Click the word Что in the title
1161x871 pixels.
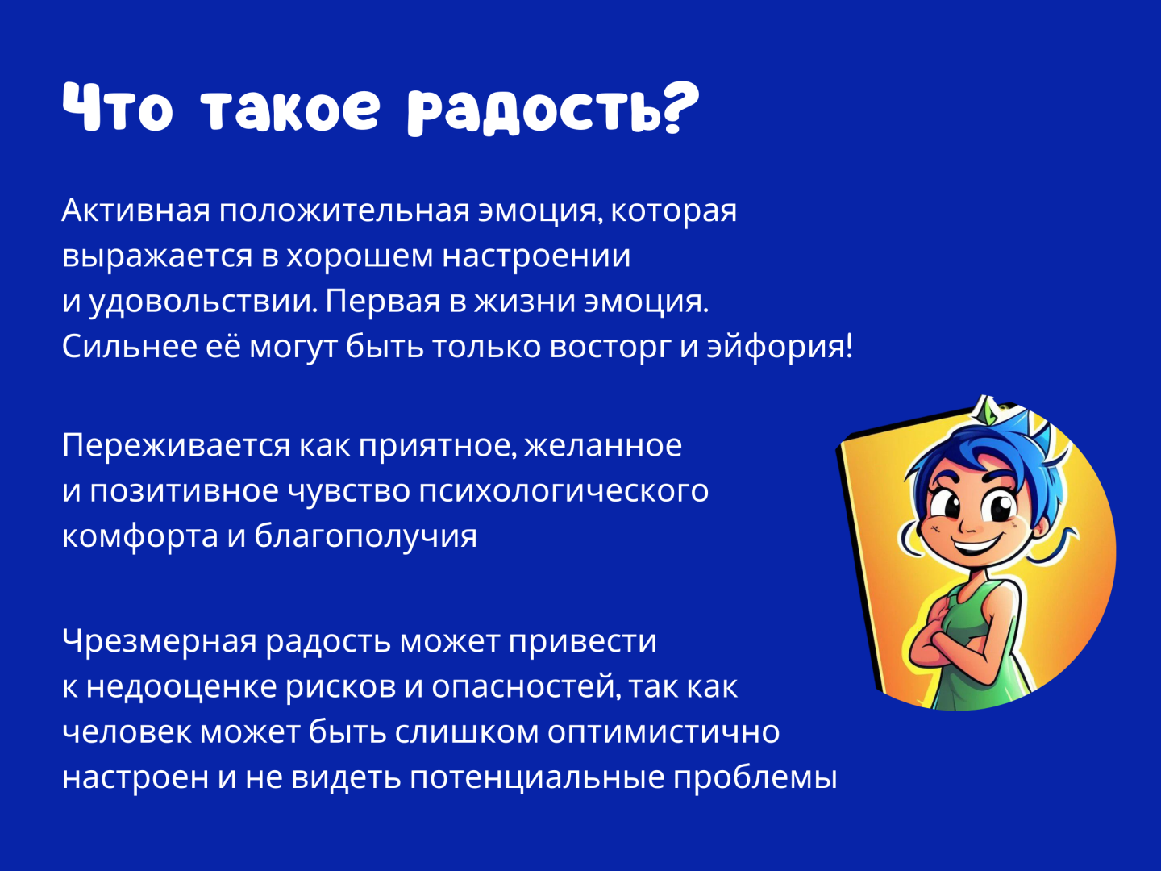point(118,107)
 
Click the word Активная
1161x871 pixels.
point(135,210)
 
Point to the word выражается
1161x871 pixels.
point(157,256)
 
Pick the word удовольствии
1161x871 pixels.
point(202,302)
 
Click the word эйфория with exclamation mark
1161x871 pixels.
point(779,347)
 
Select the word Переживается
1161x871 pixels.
point(176,445)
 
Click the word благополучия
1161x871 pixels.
point(365,536)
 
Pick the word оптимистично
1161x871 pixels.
point(664,732)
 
